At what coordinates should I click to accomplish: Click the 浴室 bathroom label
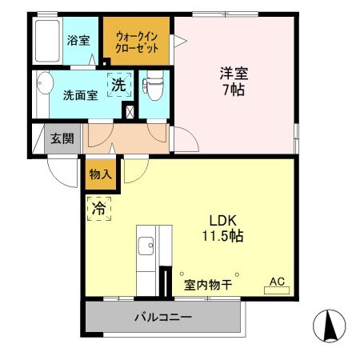click(x=78, y=39)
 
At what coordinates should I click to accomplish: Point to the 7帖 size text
click(x=234, y=90)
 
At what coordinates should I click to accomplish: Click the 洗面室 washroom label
click(x=80, y=94)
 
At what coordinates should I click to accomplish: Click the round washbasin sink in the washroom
click(x=45, y=86)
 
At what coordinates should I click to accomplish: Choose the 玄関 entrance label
click(x=62, y=138)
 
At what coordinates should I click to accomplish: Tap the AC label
click(x=277, y=281)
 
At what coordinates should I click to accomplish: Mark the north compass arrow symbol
click(x=329, y=325)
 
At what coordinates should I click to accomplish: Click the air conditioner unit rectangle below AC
click(x=277, y=291)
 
